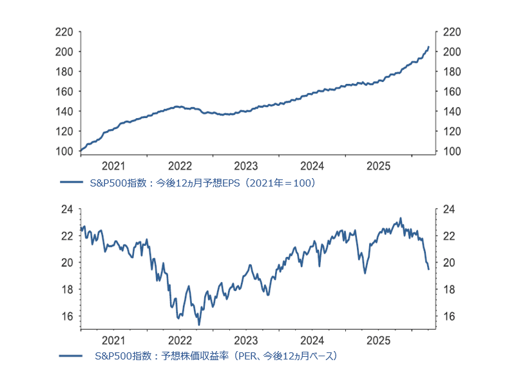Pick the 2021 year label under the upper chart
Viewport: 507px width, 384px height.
[x=113, y=165]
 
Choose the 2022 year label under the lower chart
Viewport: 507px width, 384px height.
[x=180, y=340]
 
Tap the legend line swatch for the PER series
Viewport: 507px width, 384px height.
[x=72, y=356]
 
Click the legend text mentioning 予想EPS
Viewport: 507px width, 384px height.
[x=202, y=183]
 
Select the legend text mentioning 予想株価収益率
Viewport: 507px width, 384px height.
[x=215, y=356]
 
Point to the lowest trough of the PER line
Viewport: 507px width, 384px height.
[x=198, y=325]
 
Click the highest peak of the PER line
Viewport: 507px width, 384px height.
[x=401, y=218]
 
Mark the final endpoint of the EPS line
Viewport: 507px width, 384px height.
[x=429, y=46]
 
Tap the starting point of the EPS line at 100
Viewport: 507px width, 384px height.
[x=80, y=151]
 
